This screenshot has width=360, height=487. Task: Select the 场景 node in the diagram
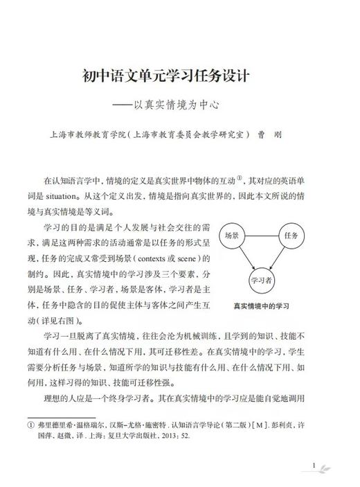tap(232, 236)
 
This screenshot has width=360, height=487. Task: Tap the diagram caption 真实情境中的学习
tap(261, 305)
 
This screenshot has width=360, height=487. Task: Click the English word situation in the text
tap(70, 196)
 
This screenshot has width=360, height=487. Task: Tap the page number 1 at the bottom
tap(314, 466)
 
